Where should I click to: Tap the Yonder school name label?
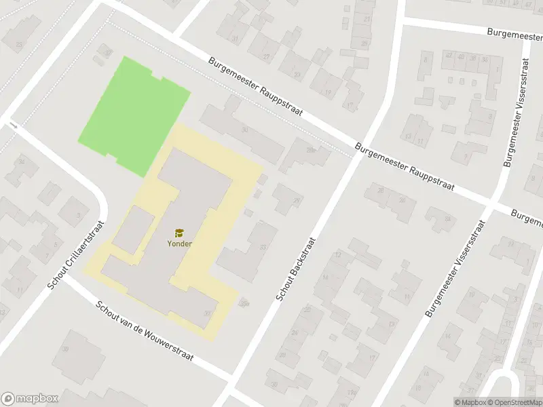pyautogui.click(x=180, y=244)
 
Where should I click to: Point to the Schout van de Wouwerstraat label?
pyautogui.click(x=145, y=332)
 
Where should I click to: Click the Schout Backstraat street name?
pyautogui.click(x=295, y=269)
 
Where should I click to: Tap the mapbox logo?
pyautogui.click(x=29, y=398)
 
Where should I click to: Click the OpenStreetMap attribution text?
pyautogui.click(x=513, y=402)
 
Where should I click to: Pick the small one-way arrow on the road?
pyautogui.click(x=14, y=125)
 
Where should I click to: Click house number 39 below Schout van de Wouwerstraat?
pyautogui.click(x=66, y=349)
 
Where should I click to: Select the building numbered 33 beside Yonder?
pyautogui.click(x=263, y=247)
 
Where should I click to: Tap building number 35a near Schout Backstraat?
pyautogui.click(x=244, y=304)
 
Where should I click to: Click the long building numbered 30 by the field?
pyautogui.click(x=244, y=129)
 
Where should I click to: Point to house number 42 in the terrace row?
pyautogui.click(x=449, y=58)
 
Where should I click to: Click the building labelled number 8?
pyautogui.click(x=426, y=60)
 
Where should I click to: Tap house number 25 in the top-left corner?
pyautogui.click(x=18, y=45)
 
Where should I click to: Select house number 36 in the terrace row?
pyautogui.click(x=484, y=60)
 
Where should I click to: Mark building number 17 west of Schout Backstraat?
pyautogui.click(x=350, y=106)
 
